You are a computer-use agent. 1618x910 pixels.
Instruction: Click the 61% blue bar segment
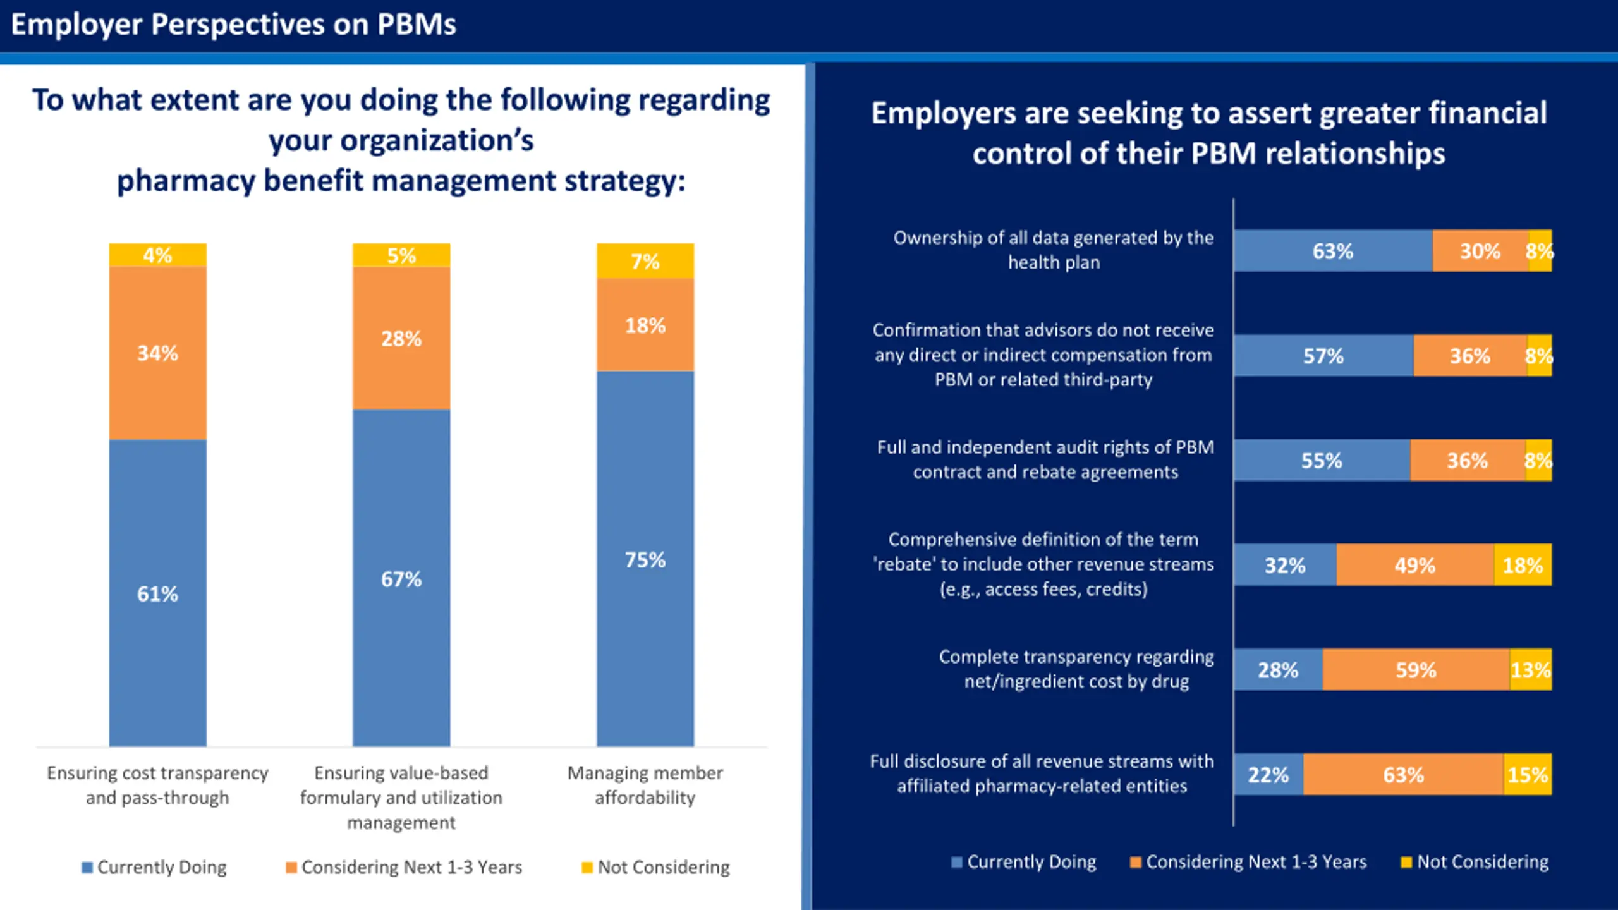point(157,593)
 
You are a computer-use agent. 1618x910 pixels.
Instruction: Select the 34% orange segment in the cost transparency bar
point(157,353)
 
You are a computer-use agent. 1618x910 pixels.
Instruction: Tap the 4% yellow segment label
point(157,255)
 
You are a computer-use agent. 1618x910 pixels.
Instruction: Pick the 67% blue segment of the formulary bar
point(401,578)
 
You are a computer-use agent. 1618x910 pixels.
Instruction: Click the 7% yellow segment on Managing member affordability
point(645,261)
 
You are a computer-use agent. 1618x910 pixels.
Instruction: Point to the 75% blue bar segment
point(645,559)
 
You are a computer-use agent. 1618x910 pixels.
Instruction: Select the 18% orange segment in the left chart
point(645,325)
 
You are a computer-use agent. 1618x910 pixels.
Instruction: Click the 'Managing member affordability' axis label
point(645,785)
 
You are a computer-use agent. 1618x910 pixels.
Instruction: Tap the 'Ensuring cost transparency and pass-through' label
point(157,785)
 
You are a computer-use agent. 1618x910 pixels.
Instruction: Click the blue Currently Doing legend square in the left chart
point(87,868)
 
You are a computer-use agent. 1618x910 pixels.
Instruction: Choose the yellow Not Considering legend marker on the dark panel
point(1406,863)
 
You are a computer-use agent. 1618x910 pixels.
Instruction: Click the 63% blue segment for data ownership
point(1332,251)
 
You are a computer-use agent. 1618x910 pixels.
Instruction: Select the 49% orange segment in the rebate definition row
point(1414,565)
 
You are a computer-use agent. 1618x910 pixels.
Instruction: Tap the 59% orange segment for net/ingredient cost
point(1416,670)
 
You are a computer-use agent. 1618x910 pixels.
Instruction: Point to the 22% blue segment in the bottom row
point(1268,774)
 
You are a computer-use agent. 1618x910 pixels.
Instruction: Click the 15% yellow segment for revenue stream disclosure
point(1527,774)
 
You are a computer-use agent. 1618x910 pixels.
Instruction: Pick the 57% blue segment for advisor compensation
point(1323,356)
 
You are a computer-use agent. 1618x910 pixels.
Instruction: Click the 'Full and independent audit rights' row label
point(1045,459)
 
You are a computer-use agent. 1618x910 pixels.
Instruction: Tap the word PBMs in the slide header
point(417,25)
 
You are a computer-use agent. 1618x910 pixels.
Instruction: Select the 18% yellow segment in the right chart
point(1523,565)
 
